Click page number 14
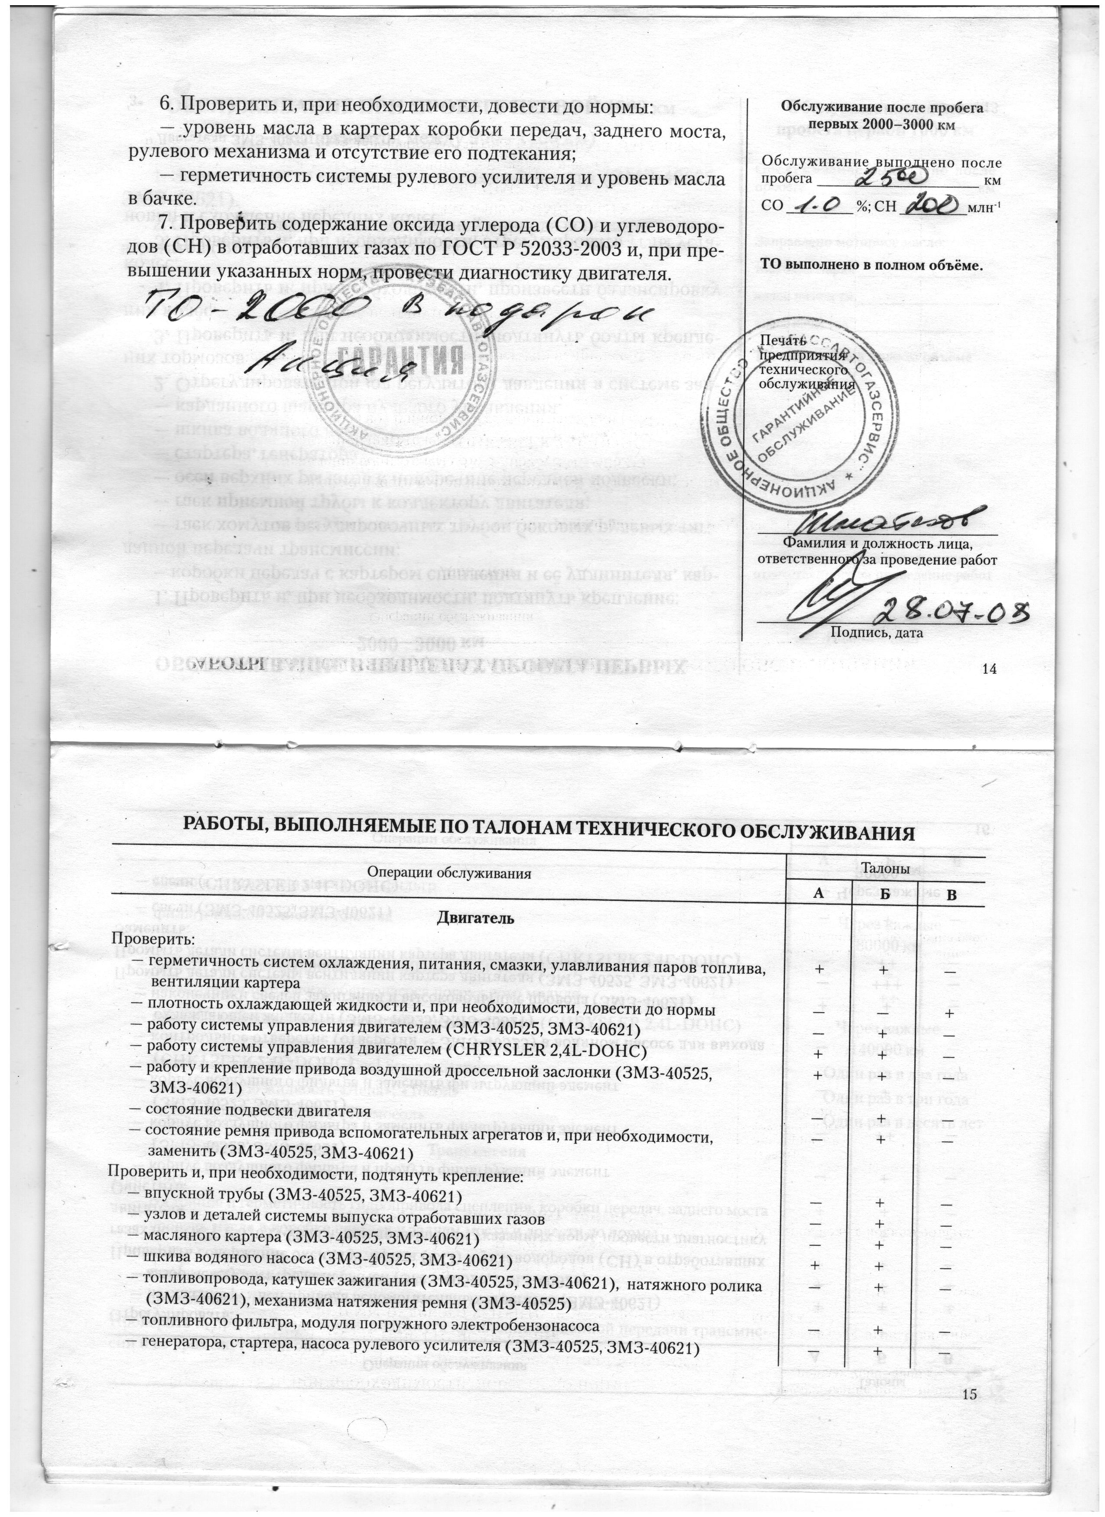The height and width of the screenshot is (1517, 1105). [x=989, y=669]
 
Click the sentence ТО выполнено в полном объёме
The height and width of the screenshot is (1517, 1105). [x=873, y=265]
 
